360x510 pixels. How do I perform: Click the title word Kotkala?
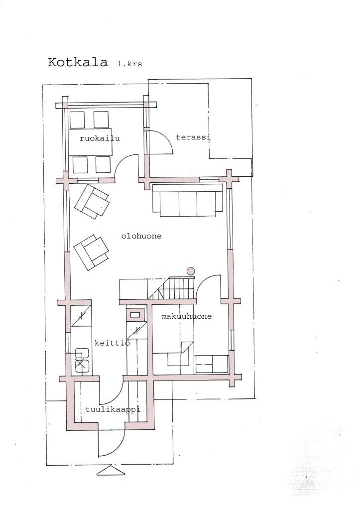(x=78, y=62)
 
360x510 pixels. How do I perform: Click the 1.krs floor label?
(x=129, y=64)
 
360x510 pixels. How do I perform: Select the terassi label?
(x=193, y=137)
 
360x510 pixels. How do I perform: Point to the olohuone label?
(x=141, y=236)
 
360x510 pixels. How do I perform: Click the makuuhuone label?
(x=186, y=316)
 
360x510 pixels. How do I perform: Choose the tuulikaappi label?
(x=113, y=409)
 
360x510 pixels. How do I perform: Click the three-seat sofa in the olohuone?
(x=188, y=200)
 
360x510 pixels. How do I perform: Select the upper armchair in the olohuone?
(x=92, y=202)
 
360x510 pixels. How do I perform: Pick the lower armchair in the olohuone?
(x=91, y=252)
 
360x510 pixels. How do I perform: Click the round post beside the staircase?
(x=191, y=271)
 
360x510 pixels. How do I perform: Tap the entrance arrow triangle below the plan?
(x=111, y=471)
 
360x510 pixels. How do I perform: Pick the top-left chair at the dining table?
(x=77, y=120)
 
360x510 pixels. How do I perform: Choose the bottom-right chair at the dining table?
(x=103, y=164)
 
